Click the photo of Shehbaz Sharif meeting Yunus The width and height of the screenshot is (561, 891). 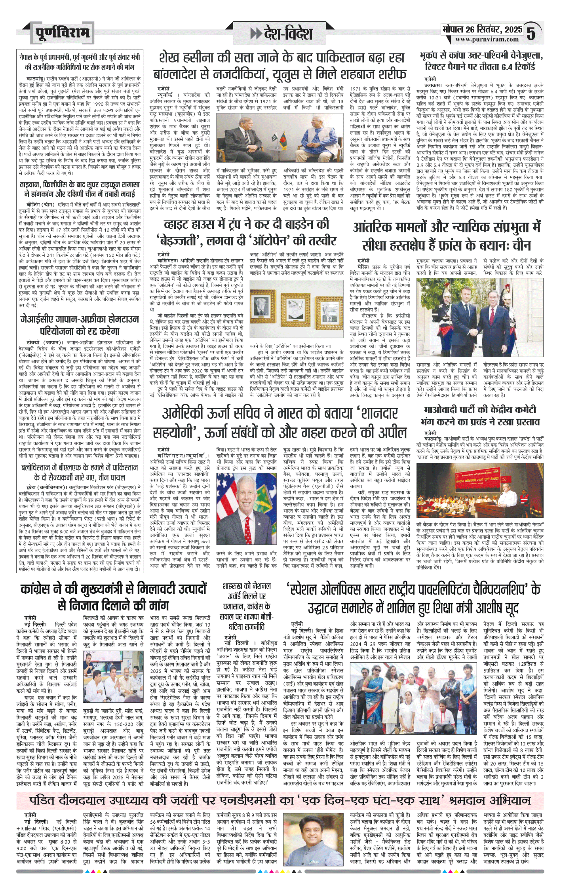(x=280, y=139)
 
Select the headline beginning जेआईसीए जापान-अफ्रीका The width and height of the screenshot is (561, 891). (x=80, y=325)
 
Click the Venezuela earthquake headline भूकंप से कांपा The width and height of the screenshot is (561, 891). (x=481, y=61)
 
